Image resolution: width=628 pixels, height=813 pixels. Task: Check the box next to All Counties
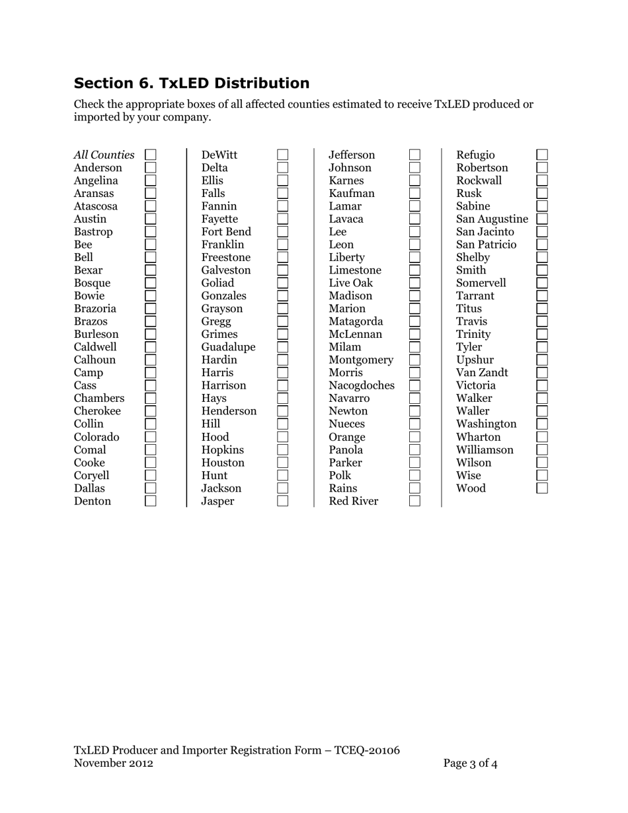click(x=151, y=155)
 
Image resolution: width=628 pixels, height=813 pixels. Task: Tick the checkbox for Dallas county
click(x=151, y=488)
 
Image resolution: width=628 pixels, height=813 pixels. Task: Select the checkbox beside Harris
click(x=283, y=373)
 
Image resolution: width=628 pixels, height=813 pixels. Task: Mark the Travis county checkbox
click(x=542, y=321)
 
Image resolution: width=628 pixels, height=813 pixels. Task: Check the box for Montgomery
click(x=414, y=360)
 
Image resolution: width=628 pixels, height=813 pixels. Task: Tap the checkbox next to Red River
click(x=414, y=501)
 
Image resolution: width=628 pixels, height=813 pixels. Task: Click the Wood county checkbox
click(x=542, y=488)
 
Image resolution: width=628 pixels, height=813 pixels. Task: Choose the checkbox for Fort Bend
click(x=283, y=231)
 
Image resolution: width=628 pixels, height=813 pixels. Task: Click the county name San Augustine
click(x=492, y=219)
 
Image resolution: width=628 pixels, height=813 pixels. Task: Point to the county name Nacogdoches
click(x=361, y=385)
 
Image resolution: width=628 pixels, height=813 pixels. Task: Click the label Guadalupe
click(x=228, y=347)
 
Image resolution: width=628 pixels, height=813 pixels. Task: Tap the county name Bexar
click(x=88, y=270)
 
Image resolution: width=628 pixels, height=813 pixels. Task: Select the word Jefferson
click(x=352, y=155)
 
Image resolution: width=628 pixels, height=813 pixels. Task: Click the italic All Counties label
click(x=104, y=155)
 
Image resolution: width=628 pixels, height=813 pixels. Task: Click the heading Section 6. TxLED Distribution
click(x=191, y=83)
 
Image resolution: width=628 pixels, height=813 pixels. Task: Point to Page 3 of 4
click(x=470, y=763)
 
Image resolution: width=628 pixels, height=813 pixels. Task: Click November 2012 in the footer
click(x=113, y=763)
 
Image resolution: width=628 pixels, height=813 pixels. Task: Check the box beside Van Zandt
click(x=542, y=373)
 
